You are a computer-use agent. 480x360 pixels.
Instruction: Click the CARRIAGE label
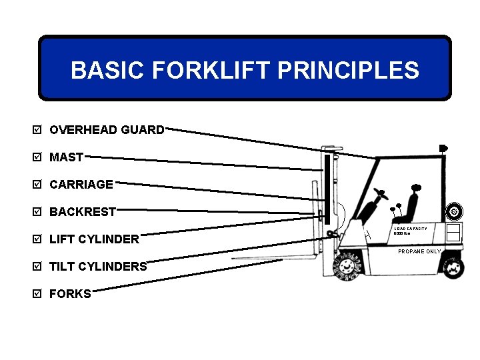[x=81, y=185]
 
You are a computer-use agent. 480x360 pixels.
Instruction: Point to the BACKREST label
[x=83, y=212]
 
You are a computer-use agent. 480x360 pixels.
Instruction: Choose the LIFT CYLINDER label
[x=95, y=239]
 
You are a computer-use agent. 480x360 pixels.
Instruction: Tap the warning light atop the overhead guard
[x=443, y=148]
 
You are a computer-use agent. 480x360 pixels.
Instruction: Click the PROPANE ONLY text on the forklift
[x=419, y=251]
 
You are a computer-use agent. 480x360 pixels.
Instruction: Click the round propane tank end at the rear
[x=454, y=212]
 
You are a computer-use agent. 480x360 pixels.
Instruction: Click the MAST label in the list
[x=67, y=157]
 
